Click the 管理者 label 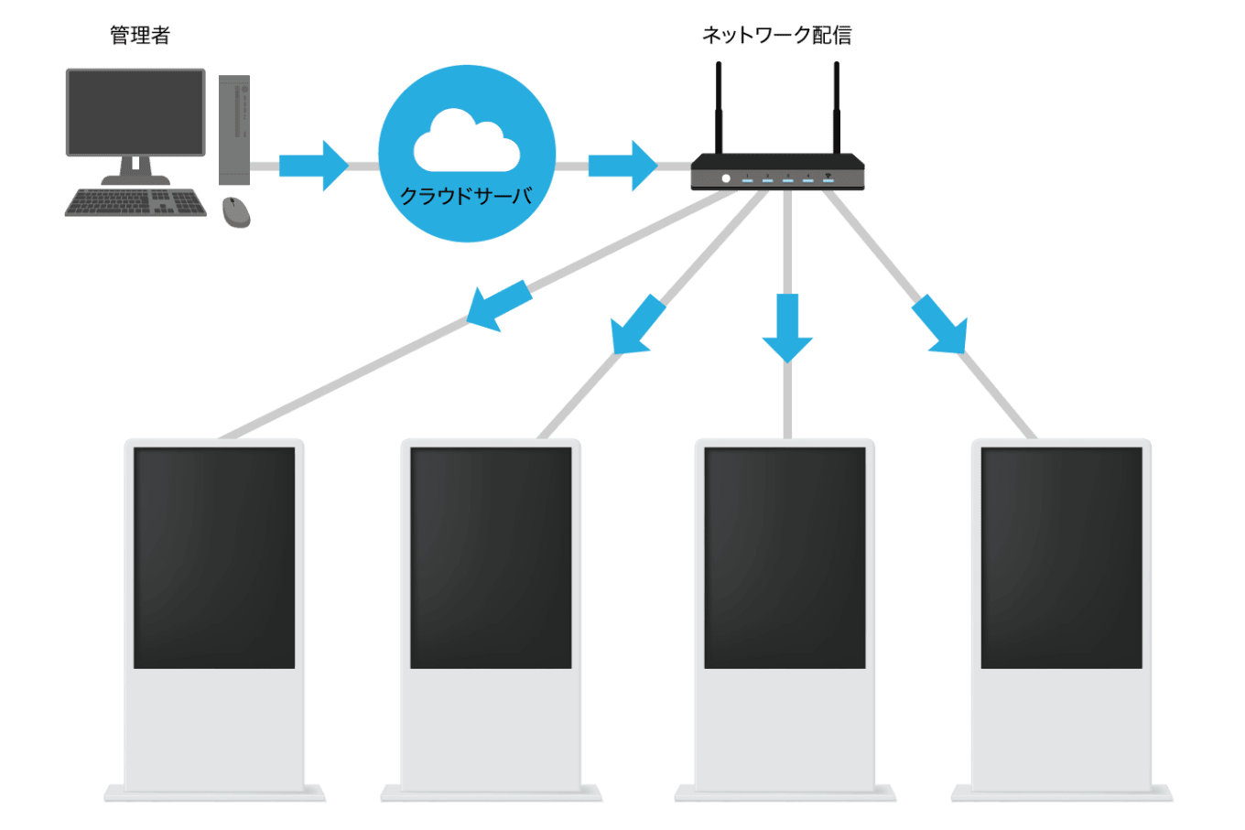click(140, 36)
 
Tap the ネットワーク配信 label click(776, 36)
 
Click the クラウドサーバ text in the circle click(466, 196)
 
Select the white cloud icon click(466, 143)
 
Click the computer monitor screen click(135, 111)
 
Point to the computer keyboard click(135, 202)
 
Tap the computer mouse click(236, 211)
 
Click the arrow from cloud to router click(622, 166)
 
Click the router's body click(777, 171)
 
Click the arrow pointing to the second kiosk click(636, 326)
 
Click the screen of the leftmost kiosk click(214, 557)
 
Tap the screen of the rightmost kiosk click(1061, 557)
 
